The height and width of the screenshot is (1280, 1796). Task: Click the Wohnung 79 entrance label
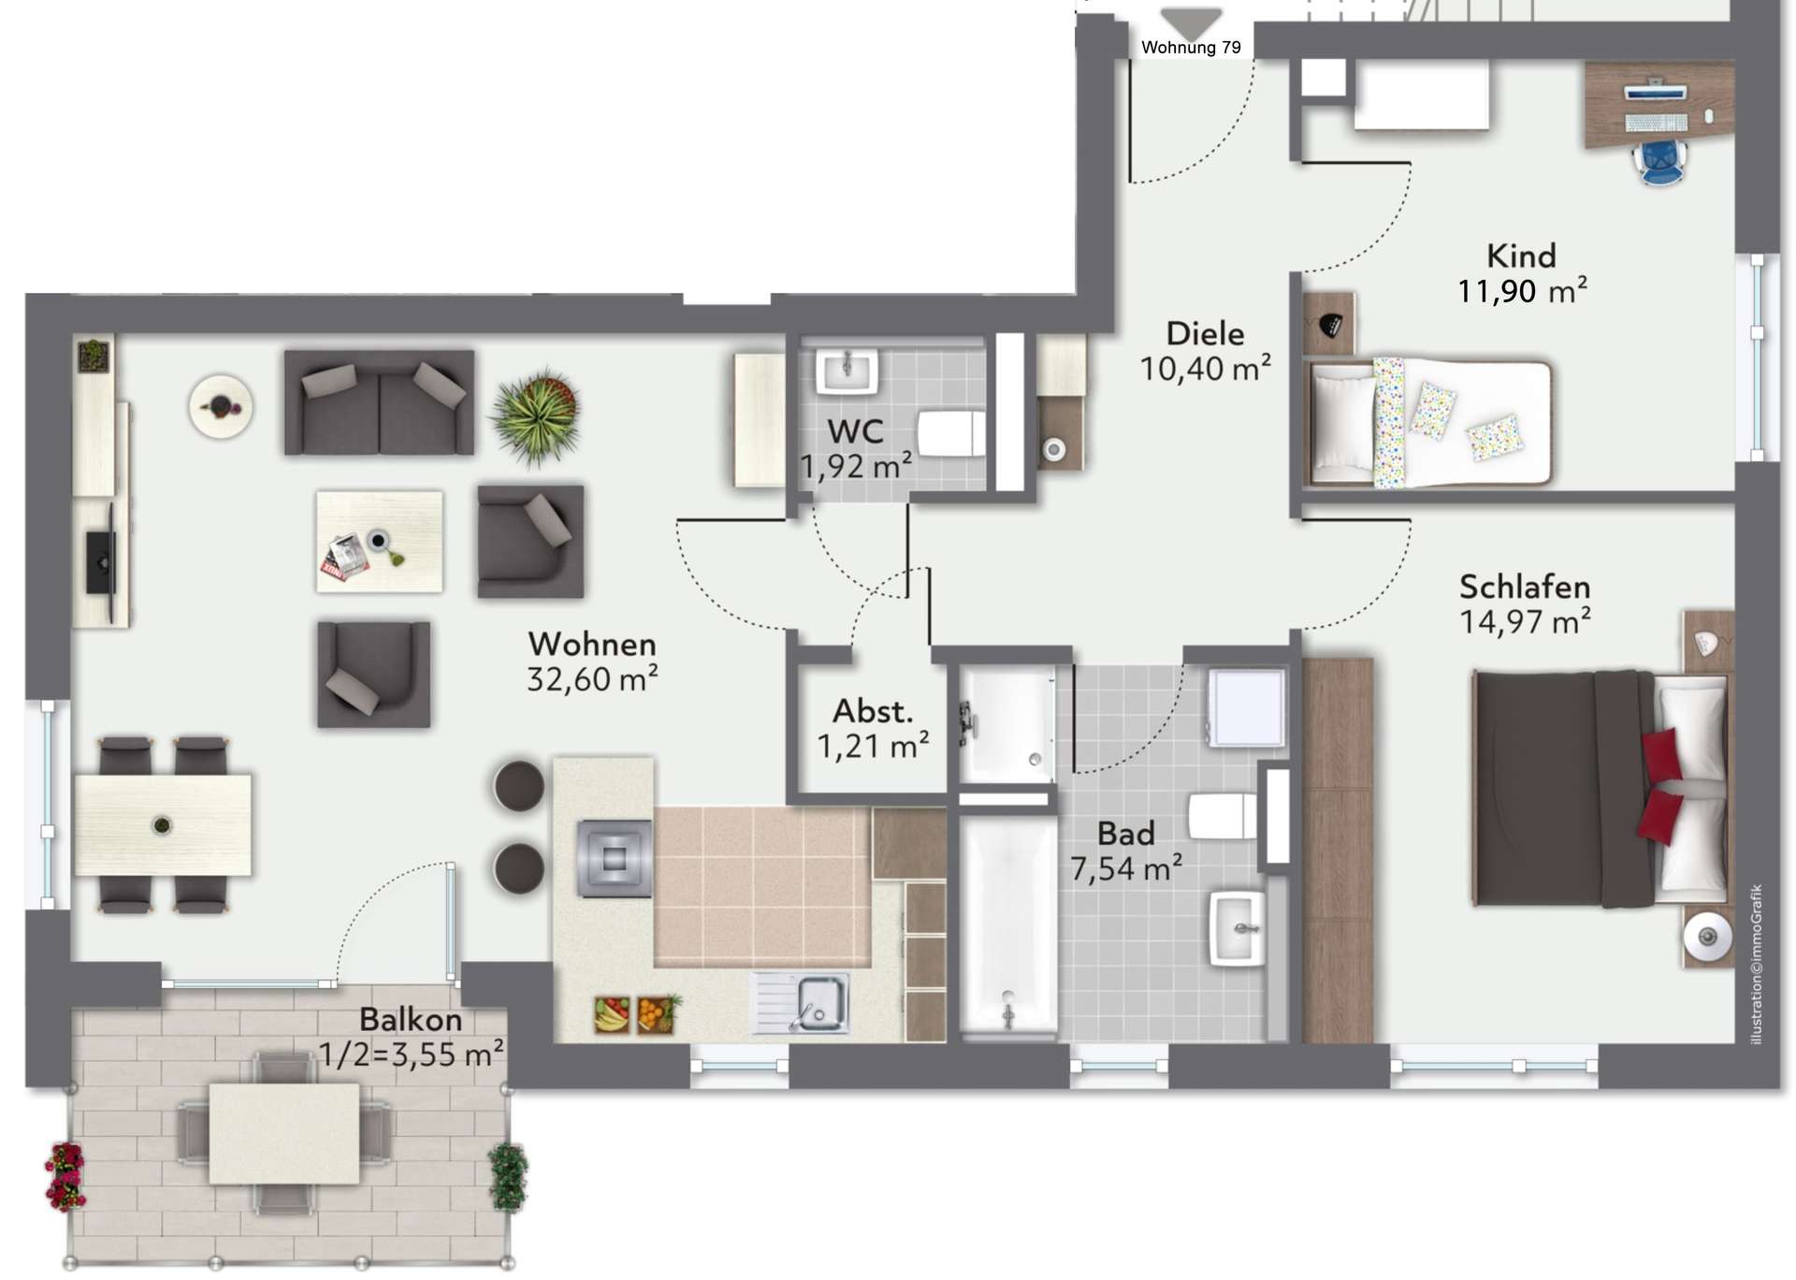coord(1191,48)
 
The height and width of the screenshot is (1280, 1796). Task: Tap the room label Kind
coord(1521,255)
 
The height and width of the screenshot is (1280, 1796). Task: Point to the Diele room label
coord(1205,333)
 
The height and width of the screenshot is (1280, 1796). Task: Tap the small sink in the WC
coord(847,371)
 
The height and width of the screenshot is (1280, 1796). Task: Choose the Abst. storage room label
coord(873,711)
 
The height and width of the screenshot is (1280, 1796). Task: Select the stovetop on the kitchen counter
coord(615,858)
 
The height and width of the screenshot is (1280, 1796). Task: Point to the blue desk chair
coord(1660,159)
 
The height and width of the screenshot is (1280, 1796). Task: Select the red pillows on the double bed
coord(1661,786)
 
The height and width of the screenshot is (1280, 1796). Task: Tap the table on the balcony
coord(284,1133)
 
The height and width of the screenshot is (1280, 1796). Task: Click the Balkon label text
coord(411,1019)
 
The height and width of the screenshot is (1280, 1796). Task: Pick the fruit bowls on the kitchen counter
coord(637,1013)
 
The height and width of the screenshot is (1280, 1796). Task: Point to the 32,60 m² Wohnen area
coord(592,679)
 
